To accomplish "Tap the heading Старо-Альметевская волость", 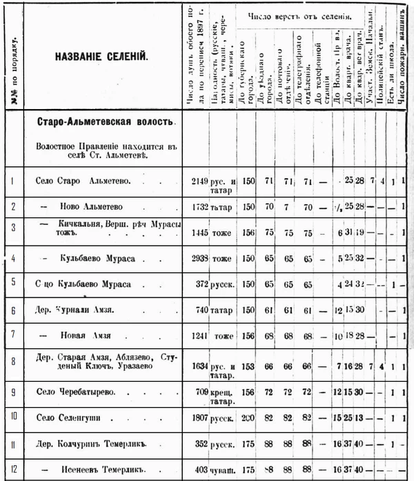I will click(106, 122).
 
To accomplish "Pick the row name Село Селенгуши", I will click(70, 417).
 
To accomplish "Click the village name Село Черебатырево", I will click(76, 391).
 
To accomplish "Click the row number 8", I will click(13, 361).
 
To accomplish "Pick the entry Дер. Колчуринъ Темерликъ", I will click(86, 443).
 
